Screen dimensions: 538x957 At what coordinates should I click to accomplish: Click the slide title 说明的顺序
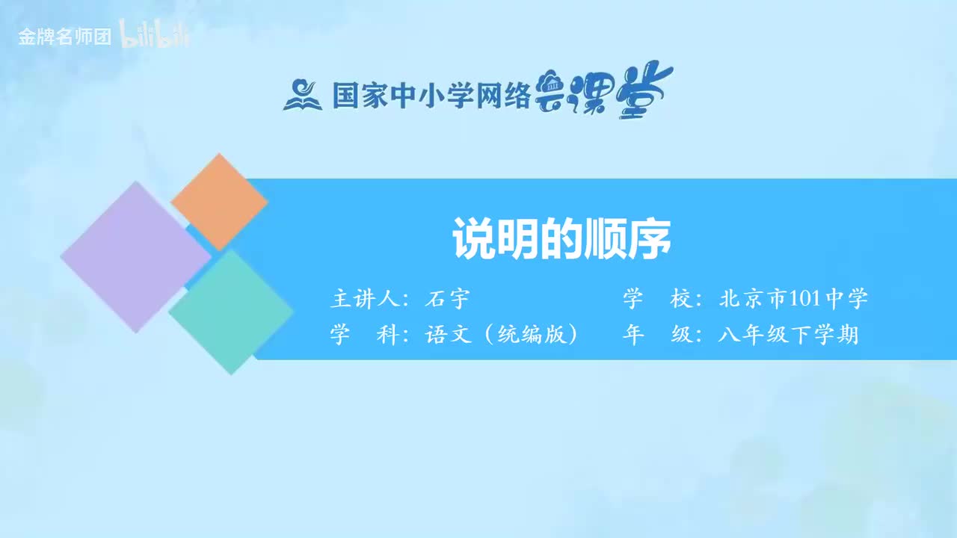[x=561, y=238]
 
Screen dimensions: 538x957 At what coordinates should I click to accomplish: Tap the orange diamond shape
[x=219, y=202]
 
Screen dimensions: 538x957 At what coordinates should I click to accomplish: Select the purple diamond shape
[x=135, y=256]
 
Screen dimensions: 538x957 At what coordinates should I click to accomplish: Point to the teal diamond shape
[x=231, y=312]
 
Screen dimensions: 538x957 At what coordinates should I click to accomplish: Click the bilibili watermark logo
[x=155, y=37]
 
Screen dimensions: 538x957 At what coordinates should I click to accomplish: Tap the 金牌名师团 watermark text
[x=65, y=37]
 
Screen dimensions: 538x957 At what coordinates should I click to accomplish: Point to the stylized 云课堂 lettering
[x=604, y=91]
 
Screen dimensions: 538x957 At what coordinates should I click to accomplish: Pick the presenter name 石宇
[x=446, y=300]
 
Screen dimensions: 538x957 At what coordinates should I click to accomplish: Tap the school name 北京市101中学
[x=793, y=300]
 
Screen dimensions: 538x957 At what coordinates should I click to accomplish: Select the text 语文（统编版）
[x=502, y=335]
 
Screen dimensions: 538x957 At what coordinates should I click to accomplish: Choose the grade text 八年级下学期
[x=788, y=335]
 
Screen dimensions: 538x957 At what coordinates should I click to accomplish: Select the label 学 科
[x=366, y=335]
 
